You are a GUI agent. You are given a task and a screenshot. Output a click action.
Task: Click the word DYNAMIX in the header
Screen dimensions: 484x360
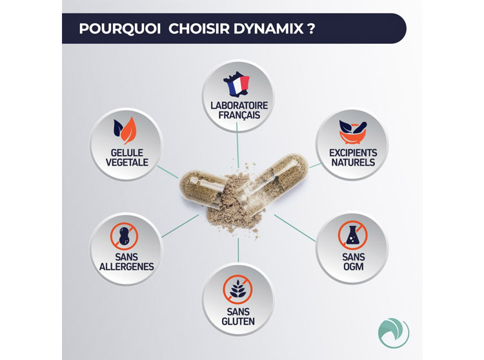(x=268, y=28)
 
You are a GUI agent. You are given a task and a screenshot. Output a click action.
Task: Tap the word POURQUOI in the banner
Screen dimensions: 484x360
(x=120, y=28)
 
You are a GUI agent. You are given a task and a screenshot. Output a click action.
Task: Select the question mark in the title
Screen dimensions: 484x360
(x=311, y=28)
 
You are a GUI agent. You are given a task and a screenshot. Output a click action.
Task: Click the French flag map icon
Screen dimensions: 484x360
(x=237, y=84)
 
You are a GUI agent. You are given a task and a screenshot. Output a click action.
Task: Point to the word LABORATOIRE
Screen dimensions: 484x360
(x=239, y=106)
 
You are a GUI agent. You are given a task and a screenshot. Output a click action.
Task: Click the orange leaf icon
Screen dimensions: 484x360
(x=128, y=130)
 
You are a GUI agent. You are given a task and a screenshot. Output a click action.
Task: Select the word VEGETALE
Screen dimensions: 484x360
(x=127, y=163)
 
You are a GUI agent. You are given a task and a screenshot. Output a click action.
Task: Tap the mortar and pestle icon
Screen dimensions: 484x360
(x=353, y=132)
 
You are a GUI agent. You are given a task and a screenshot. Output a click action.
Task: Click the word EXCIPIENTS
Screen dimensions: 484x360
(x=353, y=153)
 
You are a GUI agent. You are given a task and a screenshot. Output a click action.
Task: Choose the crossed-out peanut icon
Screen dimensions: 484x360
(x=124, y=236)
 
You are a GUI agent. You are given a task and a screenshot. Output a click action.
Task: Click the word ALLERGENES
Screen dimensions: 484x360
(x=126, y=266)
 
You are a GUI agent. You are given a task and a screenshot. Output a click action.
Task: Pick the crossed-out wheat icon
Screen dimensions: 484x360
(x=237, y=290)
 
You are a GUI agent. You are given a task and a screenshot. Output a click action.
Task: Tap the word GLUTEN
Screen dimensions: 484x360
(x=238, y=321)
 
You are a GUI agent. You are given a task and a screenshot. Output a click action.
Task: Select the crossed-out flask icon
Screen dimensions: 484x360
(x=352, y=235)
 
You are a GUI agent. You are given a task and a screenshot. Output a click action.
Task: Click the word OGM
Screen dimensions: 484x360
(x=354, y=266)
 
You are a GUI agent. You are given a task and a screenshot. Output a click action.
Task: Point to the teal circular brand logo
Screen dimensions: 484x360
(x=394, y=333)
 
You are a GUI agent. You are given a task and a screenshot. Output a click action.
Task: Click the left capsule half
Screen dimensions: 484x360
(x=201, y=189)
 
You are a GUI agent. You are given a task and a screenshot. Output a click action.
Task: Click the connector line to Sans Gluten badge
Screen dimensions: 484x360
(x=238, y=250)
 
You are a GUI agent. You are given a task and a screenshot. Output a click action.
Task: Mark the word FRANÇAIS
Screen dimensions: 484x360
(x=239, y=115)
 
